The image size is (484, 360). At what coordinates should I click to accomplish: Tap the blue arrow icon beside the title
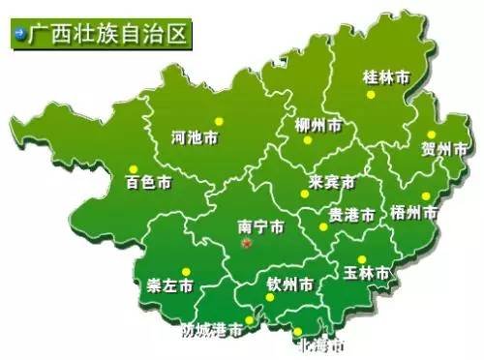point(18,33)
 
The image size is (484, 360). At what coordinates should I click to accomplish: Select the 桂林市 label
point(384,75)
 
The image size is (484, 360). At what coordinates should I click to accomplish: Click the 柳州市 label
point(318,127)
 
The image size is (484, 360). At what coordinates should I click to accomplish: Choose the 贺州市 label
point(444,149)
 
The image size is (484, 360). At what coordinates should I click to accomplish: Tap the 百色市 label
point(148,181)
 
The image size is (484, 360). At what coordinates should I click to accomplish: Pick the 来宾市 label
point(332,183)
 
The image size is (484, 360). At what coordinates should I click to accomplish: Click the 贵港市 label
point(350,213)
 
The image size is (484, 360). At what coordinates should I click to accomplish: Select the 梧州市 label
point(415,210)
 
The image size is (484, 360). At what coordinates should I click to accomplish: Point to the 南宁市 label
point(260,228)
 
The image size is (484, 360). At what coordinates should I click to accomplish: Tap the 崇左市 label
point(169,285)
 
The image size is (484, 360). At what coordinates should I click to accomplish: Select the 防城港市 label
point(213,331)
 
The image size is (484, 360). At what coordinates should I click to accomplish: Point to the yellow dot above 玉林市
point(361,259)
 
